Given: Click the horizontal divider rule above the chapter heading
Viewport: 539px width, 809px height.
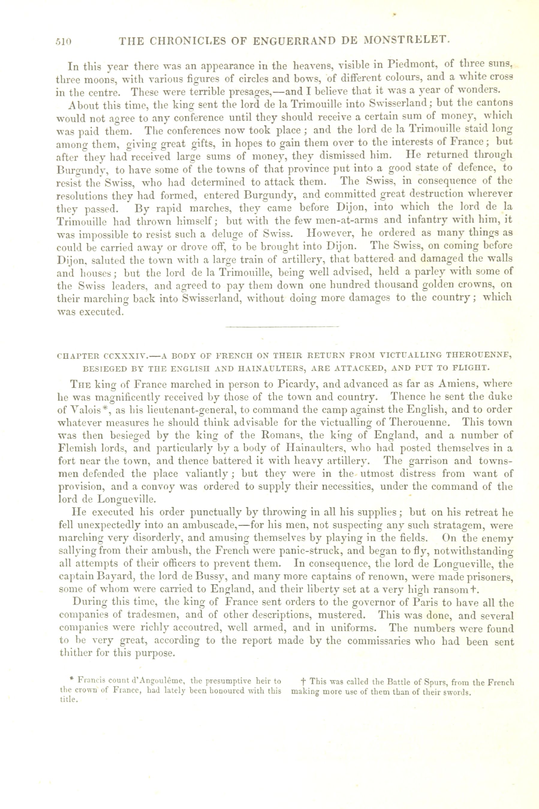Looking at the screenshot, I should [x=282, y=327].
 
